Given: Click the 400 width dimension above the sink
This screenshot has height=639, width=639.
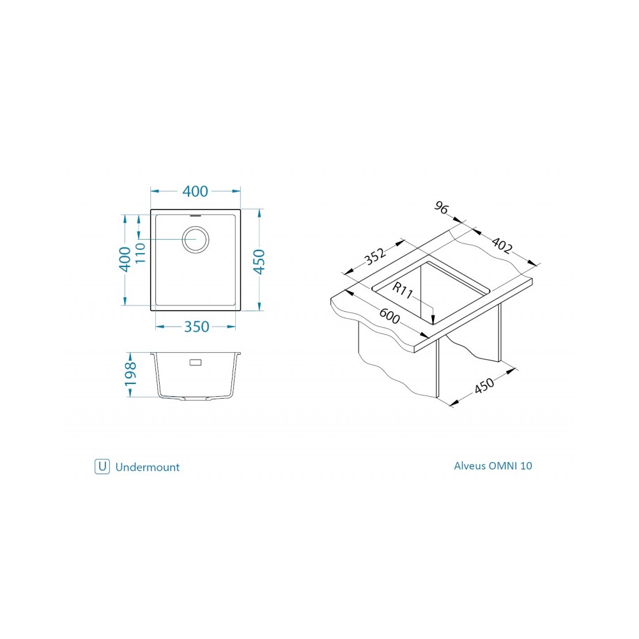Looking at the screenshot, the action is tap(195, 191).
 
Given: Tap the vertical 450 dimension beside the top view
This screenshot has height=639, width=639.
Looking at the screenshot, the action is tap(259, 261).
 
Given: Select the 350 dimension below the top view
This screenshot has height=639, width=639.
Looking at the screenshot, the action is tap(196, 327).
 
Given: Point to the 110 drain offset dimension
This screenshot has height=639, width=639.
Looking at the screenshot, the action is tap(140, 252).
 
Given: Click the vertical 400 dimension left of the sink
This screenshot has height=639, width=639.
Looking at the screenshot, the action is tap(125, 259).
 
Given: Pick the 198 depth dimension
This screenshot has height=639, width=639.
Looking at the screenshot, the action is tap(130, 374).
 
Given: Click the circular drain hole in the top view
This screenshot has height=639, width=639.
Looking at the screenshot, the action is tap(196, 239).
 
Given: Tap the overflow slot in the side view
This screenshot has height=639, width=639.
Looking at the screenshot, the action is tap(196, 362).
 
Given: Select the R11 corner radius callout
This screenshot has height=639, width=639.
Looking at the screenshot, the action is tap(403, 290).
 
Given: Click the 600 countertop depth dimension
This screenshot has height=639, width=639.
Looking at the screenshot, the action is tap(390, 316).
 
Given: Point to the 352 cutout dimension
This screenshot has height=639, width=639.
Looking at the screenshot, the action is tap(374, 256).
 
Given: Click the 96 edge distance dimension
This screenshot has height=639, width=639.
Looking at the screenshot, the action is tap(442, 208).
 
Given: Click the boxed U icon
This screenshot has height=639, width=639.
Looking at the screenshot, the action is tap(102, 466).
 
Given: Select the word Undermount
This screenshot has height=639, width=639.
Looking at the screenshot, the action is tap(148, 467).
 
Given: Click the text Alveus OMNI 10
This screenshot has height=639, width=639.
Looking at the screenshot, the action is tap(493, 466).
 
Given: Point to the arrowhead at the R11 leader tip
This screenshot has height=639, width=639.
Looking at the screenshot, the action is tap(433, 319).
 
